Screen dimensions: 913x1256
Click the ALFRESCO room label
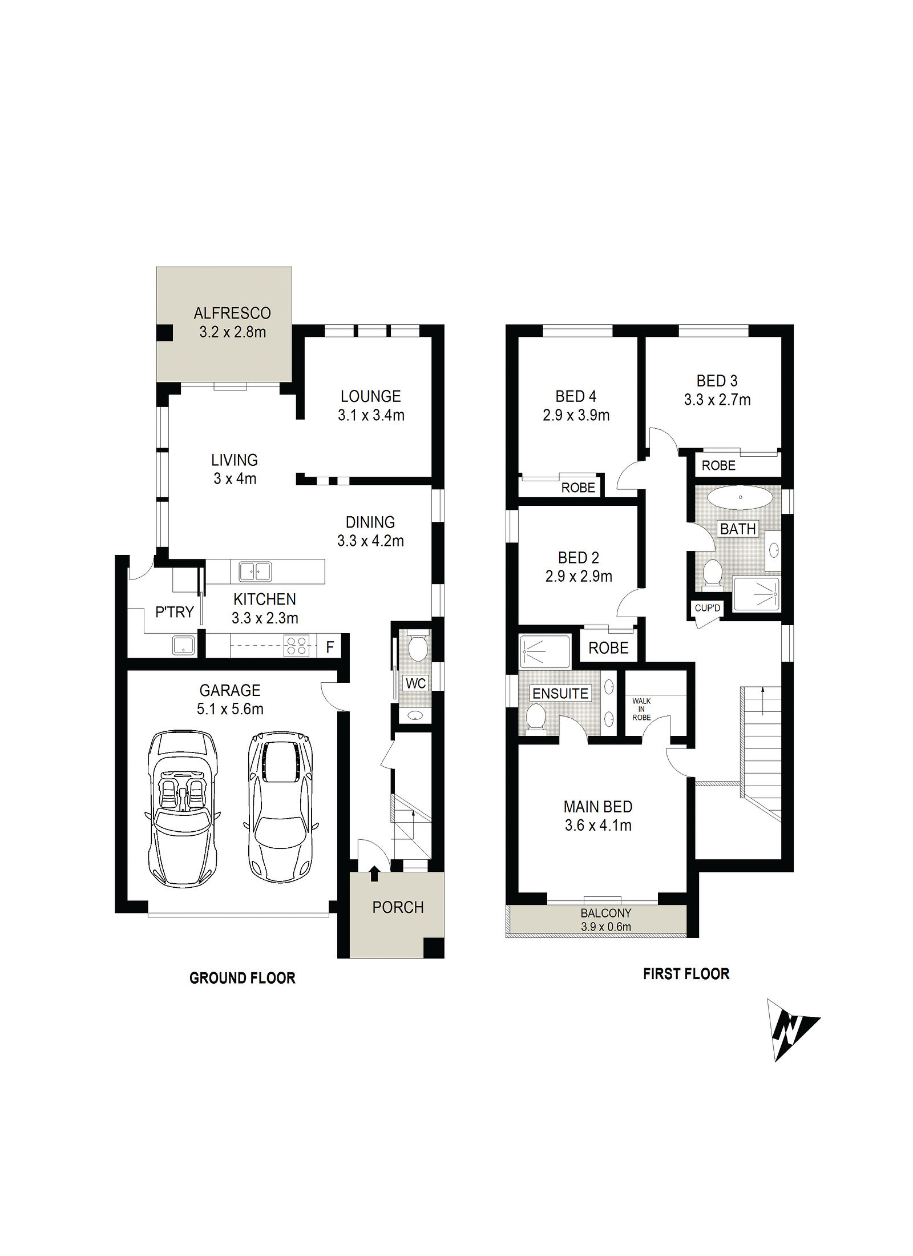[x=232, y=313]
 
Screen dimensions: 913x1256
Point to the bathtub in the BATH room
[x=740, y=497]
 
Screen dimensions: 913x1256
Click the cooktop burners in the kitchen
[x=296, y=646]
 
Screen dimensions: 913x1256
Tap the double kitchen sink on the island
[x=255, y=571]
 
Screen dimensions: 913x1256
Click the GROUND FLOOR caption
[x=243, y=978]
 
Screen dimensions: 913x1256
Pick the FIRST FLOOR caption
[x=686, y=973]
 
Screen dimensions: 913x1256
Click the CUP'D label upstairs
[x=708, y=608]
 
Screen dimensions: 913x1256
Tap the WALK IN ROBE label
[x=641, y=709]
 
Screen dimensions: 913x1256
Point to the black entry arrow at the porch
[x=374, y=873]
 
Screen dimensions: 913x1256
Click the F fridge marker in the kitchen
[x=330, y=647]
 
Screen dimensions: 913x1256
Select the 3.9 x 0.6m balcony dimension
[x=606, y=927]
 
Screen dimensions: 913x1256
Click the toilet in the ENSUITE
[x=536, y=717]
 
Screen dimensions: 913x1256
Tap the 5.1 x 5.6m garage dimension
[x=230, y=709]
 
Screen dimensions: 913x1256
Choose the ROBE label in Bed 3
[x=718, y=465]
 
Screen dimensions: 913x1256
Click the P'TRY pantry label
[x=175, y=612]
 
